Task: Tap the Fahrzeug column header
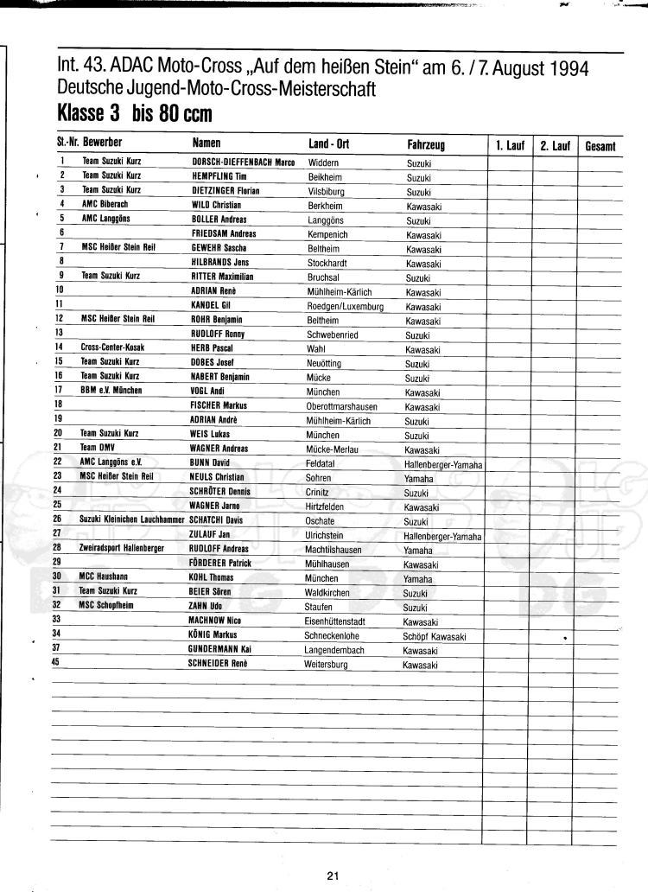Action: [x=426, y=146]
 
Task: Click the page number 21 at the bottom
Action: [x=334, y=876]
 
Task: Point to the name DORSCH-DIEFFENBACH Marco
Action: [x=243, y=162]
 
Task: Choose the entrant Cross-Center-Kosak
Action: [x=112, y=347]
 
